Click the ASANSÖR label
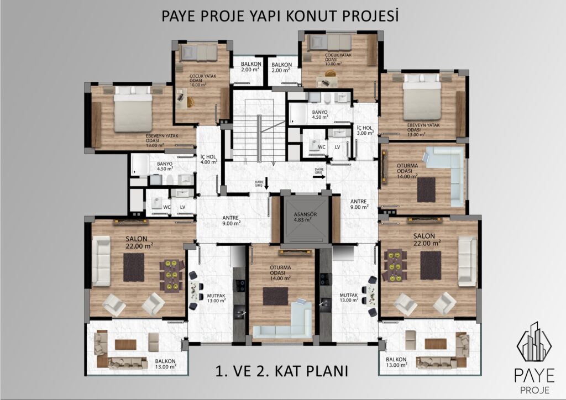pyautogui.click(x=305, y=214)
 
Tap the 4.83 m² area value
pyautogui.click(x=303, y=219)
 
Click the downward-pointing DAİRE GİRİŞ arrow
pyautogui.click(x=266, y=183)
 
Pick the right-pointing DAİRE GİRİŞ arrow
pyautogui.click(x=319, y=177)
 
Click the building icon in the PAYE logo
pyautogui.click(x=534, y=341)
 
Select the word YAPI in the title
pyautogui.click(x=265, y=16)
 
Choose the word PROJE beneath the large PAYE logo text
pyautogui.click(x=535, y=390)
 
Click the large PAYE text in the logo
pyautogui.click(x=534, y=376)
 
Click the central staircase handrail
pyautogui.click(x=259, y=139)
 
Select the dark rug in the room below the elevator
pyautogui.click(x=275, y=296)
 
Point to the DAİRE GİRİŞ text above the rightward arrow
pyautogui.click(x=319, y=171)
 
